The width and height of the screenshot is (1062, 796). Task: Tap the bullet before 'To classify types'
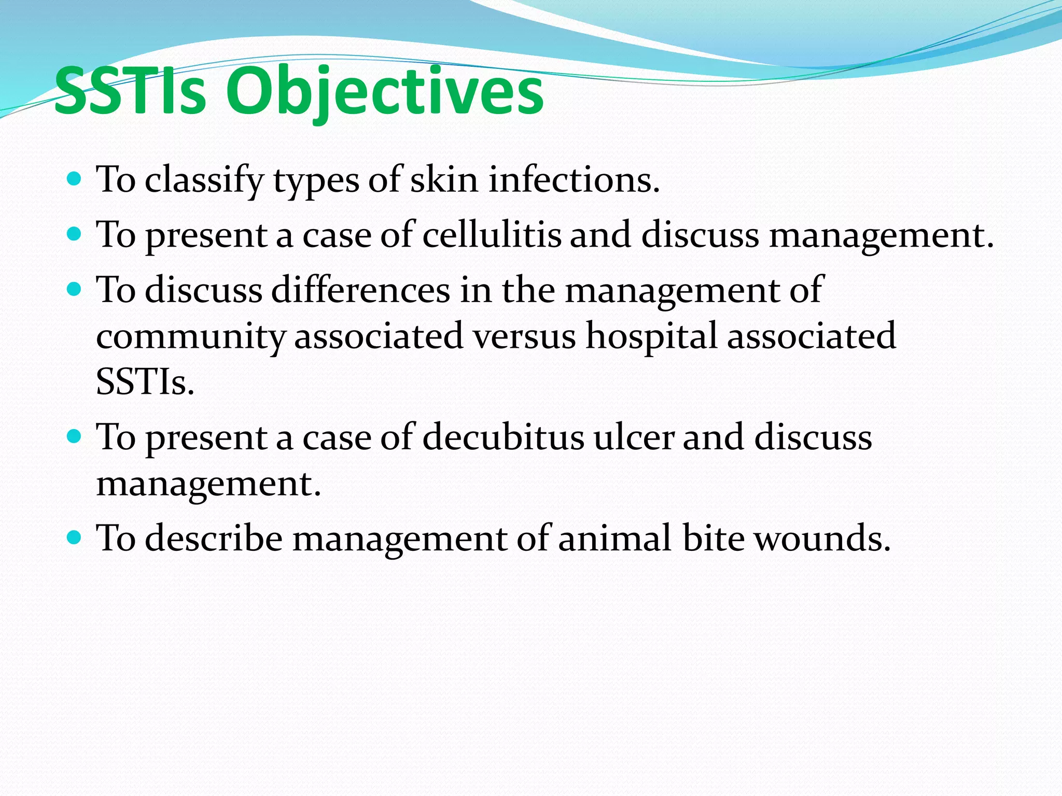tap(75, 179)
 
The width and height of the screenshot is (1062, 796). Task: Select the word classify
tap(204, 180)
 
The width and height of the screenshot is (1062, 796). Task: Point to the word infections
tap(574, 179)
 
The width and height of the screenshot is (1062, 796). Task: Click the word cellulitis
tap(492, 235)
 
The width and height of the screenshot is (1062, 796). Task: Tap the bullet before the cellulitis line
tap(75, 234)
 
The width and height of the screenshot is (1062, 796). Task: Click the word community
tap(190, 336)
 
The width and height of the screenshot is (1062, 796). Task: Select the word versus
tap(524, 336)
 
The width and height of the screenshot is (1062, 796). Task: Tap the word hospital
tap(651, 336)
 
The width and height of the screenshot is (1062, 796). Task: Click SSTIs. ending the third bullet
tap(145, 382)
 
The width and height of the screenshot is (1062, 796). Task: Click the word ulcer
tap(634, 437)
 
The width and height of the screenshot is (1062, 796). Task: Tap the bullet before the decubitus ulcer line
tap(75, 436)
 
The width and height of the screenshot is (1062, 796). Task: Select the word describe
tap(214, 538)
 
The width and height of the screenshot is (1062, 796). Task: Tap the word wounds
tap(822, 538)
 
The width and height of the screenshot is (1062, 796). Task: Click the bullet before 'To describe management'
tap(75, 537)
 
